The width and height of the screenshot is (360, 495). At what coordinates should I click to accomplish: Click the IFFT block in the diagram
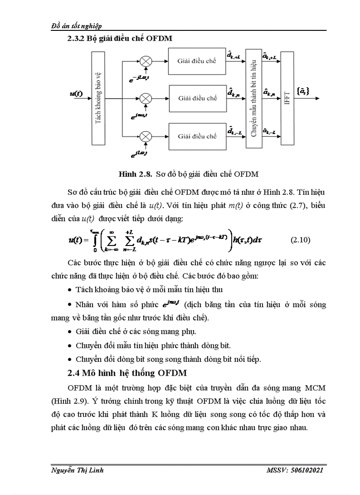pos(287,98)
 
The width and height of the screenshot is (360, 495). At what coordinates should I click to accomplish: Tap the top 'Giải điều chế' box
pos(197,61)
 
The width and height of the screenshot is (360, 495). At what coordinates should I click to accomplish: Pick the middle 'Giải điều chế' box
pos(197,98)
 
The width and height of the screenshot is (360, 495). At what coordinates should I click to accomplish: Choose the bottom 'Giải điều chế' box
pos(197,136)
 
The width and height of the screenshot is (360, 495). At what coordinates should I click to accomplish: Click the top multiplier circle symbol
pos(145,61)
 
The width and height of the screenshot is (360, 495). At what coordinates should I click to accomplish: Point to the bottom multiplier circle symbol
pos(145,136)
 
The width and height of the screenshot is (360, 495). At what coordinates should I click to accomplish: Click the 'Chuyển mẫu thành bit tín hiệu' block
pos(253,98)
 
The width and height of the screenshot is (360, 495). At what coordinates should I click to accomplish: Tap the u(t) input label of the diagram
pos(76,93)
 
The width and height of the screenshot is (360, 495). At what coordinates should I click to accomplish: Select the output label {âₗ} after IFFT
pos(304,91)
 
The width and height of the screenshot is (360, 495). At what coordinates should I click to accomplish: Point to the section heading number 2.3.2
pos(75,38)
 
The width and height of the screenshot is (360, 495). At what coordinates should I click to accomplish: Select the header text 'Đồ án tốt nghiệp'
pos(77,26)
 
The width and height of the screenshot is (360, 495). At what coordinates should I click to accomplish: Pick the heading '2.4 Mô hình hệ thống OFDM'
pos(127,373)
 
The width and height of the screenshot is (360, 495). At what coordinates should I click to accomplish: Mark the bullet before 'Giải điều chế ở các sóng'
pos(71,331)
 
